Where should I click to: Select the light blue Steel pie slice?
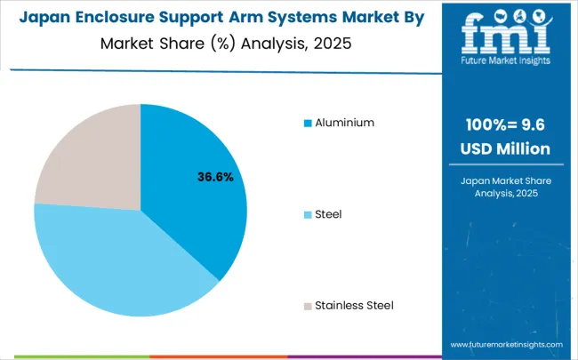pyautogui.click(x=116, y=262)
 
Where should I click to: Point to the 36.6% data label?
pyautogui.click(x=215, y=177)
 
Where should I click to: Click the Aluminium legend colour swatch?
pyautogui.click(x=308, y=123)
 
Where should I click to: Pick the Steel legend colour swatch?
pyautogui.click(x=308, y=214)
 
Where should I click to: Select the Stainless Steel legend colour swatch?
pyautogui.click(x=308, y=306)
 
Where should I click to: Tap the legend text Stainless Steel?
pyautogui.click(x=354, y=306)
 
